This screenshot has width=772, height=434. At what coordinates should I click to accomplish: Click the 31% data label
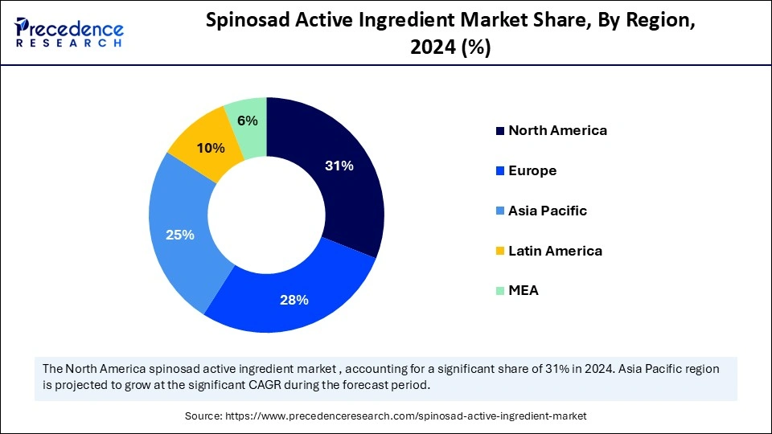click(x=339, y=166)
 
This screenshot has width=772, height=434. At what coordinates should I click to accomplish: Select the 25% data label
click(x=180, y=235)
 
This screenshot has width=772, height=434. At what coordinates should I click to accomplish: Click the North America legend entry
click(x=556, y=130)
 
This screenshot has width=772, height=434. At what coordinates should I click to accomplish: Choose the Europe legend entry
click(x=532, y=170)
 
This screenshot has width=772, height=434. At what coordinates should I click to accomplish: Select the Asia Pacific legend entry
click(x=547, y=211)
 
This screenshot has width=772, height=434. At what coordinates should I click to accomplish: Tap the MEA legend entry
click(x=523, y=290)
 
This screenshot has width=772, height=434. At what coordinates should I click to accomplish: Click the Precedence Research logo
click(x=69, y=32)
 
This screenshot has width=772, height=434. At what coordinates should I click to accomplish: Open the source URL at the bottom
click(x=407, y=416)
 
